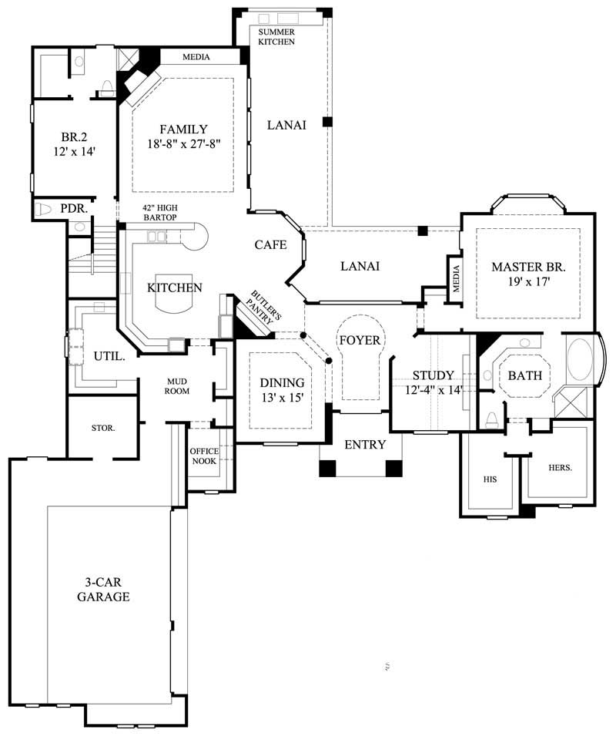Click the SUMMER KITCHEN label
pyautogui.click(x=276, y=36)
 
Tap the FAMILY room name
pyautogui.click(x=183, y=129)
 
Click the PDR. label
pyautogui.click(x=75, y=208)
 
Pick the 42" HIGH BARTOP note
pyautogui.click(x=159, y=213)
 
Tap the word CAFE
pyautogui.click(x=271, y=245)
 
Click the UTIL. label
pyautogui.click(x=105, y=357)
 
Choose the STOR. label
pyautogui.click(x=102, y=428)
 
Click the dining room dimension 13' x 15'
pyautogui.click(x=282, y=397)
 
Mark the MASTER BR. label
pyautogui.click(x=529, y=267)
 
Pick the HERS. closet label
pyautogui.click(x=559, y=467)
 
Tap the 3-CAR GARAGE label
pyautogui.click(x=102, y=590)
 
